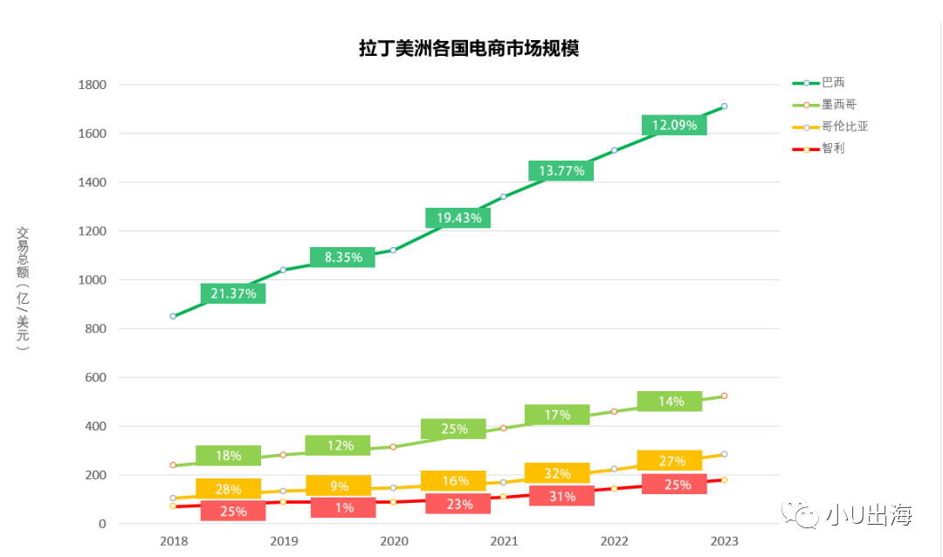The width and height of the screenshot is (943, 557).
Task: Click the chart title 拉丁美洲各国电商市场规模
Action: point(469,49)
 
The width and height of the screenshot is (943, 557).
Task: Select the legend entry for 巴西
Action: point(833,83)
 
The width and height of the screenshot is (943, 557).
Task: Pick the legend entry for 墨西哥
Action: point(838,105)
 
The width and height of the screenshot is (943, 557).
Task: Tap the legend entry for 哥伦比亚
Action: point(844,127)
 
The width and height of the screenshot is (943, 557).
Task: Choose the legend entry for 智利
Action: point(833,148)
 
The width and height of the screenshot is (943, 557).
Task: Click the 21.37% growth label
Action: point(233,294)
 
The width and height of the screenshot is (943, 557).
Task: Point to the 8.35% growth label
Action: point(342,258)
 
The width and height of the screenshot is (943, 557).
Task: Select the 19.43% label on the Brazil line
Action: point(458,218)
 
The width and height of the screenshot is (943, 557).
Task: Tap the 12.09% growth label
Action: point(674,126)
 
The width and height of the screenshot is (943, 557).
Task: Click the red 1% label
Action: point(342,507)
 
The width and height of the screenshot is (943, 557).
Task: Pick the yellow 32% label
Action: point(557,473)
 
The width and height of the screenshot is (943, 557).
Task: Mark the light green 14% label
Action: point(670,402)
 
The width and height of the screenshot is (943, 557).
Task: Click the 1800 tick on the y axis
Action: point(92,85)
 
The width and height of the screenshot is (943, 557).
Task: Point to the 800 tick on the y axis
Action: point(95,329)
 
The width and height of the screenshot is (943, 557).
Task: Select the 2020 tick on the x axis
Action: point(394,541)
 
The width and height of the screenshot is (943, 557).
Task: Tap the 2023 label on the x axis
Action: point(725,541)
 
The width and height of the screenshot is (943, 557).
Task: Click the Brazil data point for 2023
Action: point(724,107)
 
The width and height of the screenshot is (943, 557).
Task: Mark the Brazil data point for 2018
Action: point(173,316)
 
